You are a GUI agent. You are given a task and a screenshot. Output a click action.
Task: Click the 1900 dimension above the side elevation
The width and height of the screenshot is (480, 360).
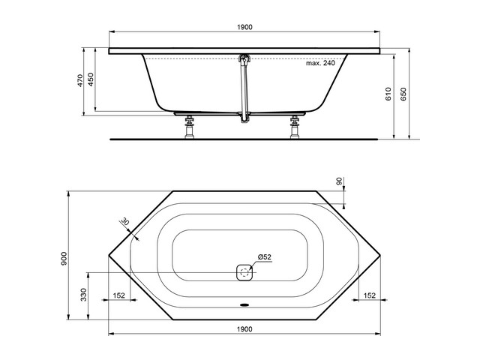coord(244,27)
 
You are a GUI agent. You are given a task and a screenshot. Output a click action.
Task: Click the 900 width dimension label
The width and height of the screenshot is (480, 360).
coord(66,257)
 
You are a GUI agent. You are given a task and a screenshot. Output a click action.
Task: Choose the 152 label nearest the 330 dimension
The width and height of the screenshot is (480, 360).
coord(118,295)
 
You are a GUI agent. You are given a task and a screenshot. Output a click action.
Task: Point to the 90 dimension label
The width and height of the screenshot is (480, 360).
coord(338,182)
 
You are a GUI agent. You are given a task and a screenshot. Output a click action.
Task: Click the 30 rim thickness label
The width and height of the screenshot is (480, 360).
coord(124,222)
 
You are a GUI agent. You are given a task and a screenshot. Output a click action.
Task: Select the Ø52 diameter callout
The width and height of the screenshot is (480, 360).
coord(265,256)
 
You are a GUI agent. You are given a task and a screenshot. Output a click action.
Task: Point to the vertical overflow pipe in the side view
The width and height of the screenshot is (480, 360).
coord(241,90)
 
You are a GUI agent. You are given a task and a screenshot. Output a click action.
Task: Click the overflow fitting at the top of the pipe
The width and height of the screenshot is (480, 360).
coord(242,58)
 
